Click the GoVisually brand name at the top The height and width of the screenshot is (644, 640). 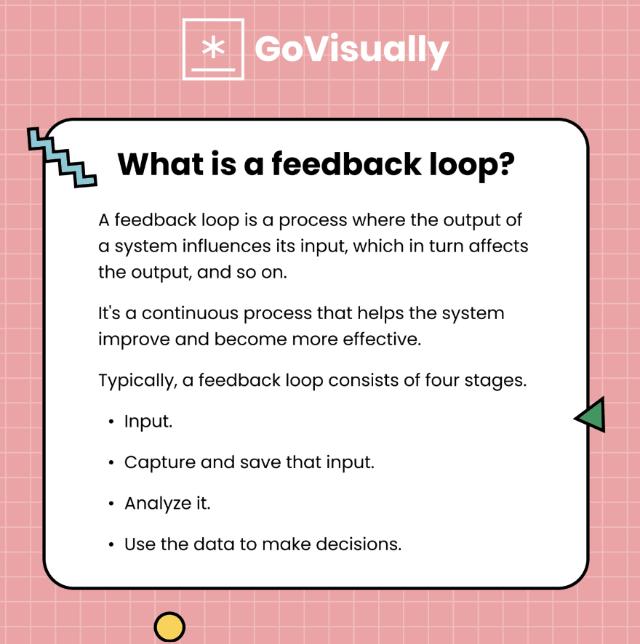tap(351, 49)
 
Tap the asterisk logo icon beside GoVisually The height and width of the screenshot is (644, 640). tap(213, 49)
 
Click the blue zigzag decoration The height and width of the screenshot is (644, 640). tap(61, 157)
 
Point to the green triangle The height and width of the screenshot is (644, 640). tap(591, 415)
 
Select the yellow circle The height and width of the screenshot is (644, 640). tap(169, 627)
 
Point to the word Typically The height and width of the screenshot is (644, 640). tap(135, 380)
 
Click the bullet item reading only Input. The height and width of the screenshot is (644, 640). tap(148, 422)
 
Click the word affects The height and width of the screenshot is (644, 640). tap(499, 246)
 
